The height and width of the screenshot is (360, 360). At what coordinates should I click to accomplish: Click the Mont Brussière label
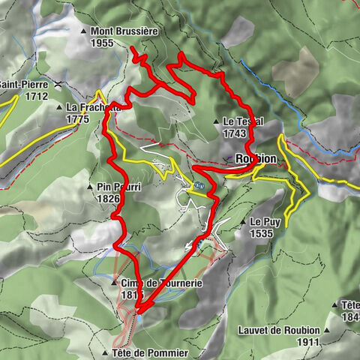click(123, 32)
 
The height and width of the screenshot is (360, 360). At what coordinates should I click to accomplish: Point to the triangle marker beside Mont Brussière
click(84, 32)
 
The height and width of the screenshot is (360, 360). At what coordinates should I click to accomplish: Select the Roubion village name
click(256, 159)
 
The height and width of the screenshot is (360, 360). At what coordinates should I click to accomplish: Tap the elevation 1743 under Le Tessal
click(235, 133)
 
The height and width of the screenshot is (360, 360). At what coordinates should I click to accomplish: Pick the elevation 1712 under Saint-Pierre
click(36, 96)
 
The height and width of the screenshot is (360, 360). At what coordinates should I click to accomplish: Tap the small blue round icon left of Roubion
click(198, 184)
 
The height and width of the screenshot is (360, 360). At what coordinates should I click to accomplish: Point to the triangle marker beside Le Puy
click(244, 223)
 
